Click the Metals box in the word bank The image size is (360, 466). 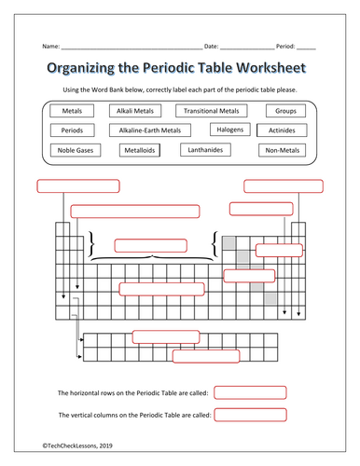72,111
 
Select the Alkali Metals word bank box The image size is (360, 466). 135,111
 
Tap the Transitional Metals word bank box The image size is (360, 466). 212,111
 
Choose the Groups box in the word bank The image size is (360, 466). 285,111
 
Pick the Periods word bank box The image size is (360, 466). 72,130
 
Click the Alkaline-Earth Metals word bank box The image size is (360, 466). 150,130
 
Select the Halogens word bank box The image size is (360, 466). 230,130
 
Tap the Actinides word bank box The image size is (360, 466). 282,130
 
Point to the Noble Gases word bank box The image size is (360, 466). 76,150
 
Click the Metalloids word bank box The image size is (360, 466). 140,150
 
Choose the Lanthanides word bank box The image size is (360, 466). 205,150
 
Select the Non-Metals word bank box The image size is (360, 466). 283,150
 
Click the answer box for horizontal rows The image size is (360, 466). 250,392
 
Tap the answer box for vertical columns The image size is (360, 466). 250,415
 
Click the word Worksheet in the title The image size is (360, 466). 271,68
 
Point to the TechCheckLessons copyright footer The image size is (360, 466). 77,445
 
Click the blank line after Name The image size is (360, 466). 132,49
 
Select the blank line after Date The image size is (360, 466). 247,49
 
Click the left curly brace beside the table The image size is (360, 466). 91,243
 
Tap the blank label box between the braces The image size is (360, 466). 151,246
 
